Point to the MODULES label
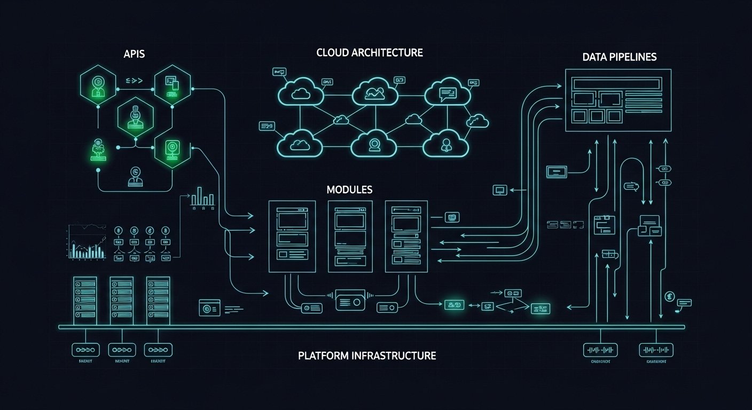tap(349, 190)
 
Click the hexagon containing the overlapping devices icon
tap(172, 85)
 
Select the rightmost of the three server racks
tap(158, 300)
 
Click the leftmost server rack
tap(85, 300)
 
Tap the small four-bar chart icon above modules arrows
tap(202, 198)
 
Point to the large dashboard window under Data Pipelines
tap(618, 100)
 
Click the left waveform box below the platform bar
tap(601, 350)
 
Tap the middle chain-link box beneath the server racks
tap(122, 350)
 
